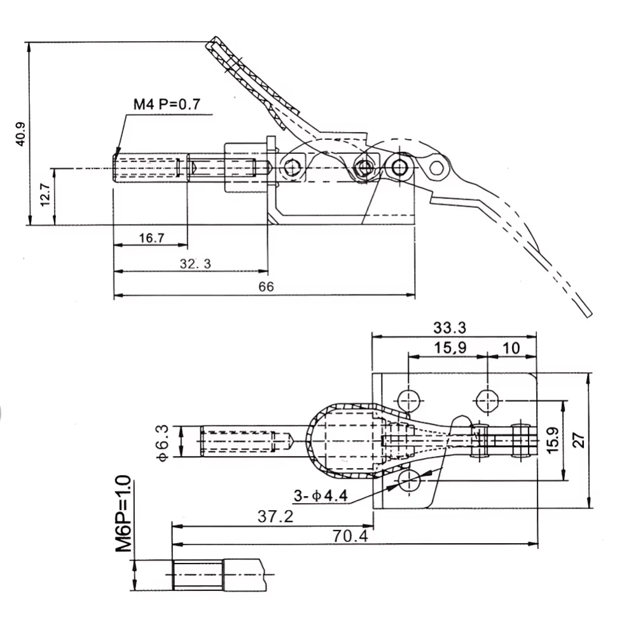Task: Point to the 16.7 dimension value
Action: (151, 238)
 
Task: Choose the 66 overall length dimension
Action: (265, 287)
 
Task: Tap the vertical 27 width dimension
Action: (578, 439)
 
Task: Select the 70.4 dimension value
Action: (349, 536)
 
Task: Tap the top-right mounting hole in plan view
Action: (487, 399)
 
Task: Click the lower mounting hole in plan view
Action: (408, 479)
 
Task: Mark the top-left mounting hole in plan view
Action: (408, 400)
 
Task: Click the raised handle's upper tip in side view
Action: (211, 43)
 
